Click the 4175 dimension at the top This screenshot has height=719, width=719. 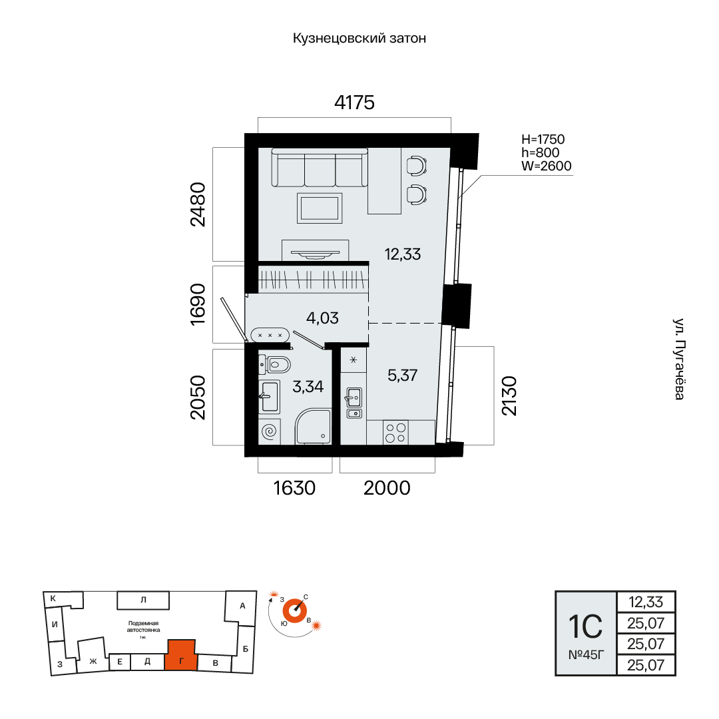click(354, 103)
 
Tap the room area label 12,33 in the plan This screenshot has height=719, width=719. click(403, 254)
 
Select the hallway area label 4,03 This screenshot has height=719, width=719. click(322, 318)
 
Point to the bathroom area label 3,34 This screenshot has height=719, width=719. click(308, 387)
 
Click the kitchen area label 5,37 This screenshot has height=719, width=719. click(403, 375)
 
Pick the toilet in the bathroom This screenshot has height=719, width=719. click(274, 365)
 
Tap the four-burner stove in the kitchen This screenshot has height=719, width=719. click(395, 433)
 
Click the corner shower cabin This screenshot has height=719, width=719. click(313, 427)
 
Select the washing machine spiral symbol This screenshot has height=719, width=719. click(269, 431)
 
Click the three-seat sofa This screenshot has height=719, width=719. click(320, 167)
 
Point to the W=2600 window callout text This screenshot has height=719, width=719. click(547, 166)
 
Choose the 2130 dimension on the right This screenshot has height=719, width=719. click(509, 395)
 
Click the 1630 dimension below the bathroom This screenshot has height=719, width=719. click(294, 488)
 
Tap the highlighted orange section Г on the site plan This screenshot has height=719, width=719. click(181, 655)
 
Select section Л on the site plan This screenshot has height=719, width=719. click(143, 600)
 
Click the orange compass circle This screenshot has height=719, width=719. click(294, 610)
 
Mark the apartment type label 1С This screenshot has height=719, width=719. click(586, 626)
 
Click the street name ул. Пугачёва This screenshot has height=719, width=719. click(680, 359)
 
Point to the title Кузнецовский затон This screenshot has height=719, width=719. click(359, 38)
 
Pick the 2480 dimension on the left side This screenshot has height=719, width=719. click(198, 204)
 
